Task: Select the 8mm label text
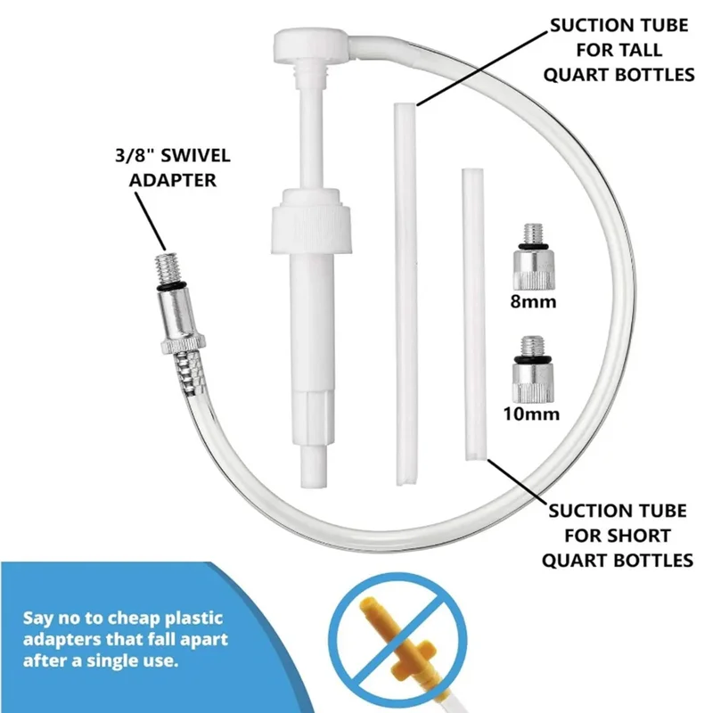pos(533,301)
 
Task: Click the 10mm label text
pos(530,414)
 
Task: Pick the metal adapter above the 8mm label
pos(534,257)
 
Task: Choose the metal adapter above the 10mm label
pos(533,369)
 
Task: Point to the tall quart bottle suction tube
pos(406,294)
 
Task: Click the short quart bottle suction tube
pos(474,315)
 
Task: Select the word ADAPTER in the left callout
pos(172,180)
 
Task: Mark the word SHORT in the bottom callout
pos(640,536)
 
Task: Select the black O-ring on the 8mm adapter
pos(534,247)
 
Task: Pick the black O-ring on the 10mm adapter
pos(532,360)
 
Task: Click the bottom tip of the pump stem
pos(314,486)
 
